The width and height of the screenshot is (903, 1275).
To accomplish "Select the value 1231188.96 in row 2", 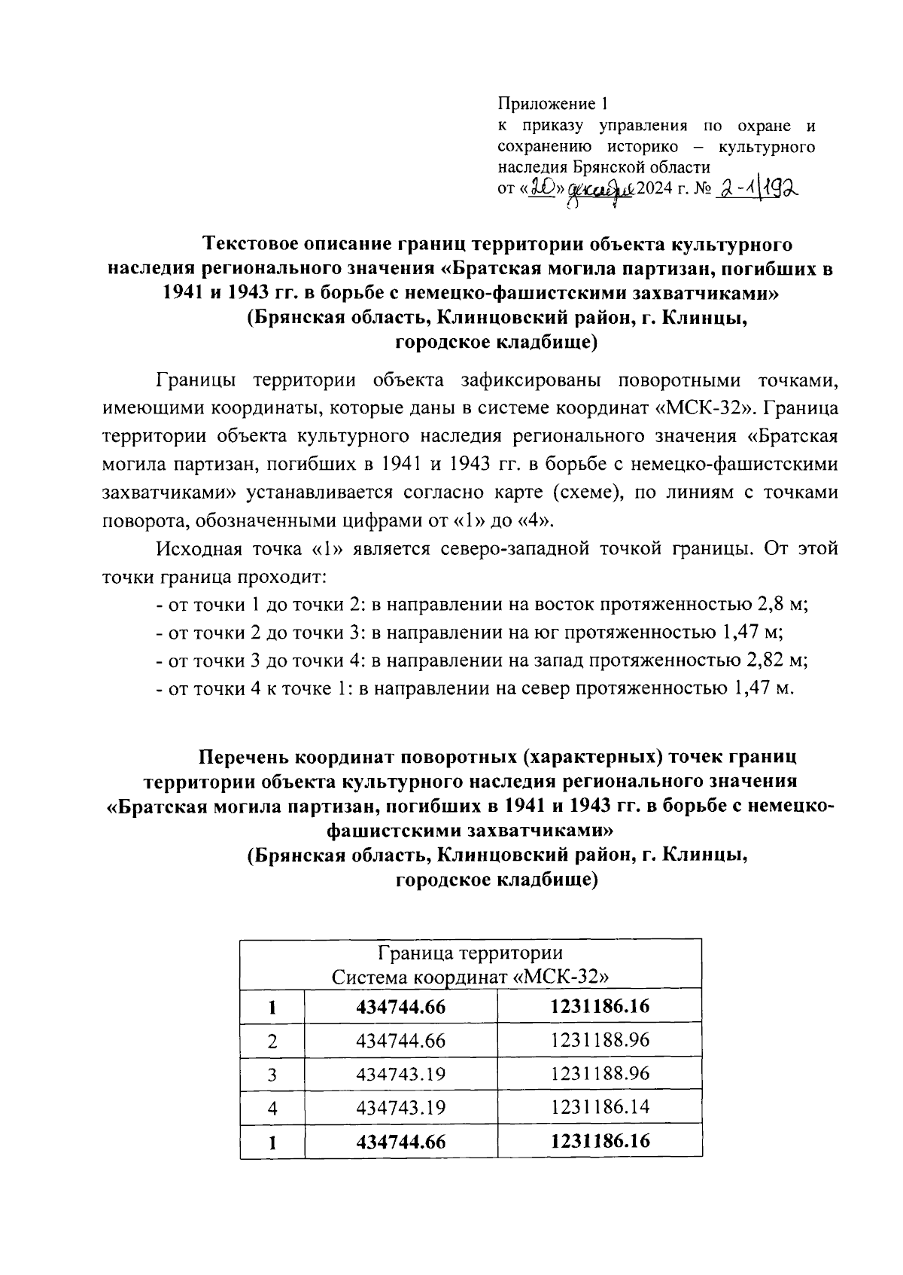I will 600,1040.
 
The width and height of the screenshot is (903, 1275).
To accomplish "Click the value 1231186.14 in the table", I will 600,1107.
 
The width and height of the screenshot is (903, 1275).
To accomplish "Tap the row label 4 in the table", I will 272,1108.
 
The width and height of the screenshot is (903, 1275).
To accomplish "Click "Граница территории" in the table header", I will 470,954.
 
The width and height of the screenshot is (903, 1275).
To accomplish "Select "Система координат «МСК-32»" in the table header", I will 470,977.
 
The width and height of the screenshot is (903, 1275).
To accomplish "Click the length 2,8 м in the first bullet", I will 781,605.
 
